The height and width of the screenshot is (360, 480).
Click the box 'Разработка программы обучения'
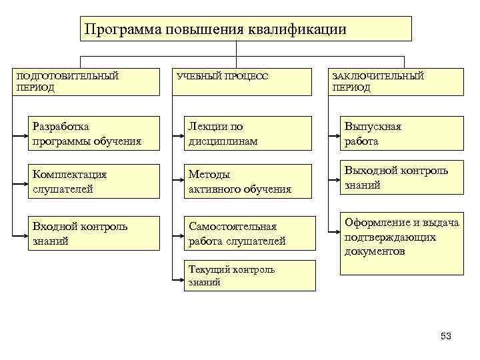[93, 133]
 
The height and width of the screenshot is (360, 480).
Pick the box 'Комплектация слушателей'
[93, 181]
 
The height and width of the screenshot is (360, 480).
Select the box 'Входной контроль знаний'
[93, 233]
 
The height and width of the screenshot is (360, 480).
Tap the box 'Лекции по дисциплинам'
[249, 133]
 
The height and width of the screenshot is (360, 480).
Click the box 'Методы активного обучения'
[249, 181]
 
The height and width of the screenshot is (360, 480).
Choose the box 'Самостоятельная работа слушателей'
[249, 233]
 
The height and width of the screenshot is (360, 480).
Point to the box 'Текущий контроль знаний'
[249, 275]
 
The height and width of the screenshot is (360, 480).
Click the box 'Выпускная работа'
[401, 133]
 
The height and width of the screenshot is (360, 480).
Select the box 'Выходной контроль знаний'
[401, 178]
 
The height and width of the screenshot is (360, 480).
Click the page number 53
[446, 336]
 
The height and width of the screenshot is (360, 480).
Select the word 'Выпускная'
[373, 127]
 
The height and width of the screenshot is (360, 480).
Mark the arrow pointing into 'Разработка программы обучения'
[23, 133]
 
